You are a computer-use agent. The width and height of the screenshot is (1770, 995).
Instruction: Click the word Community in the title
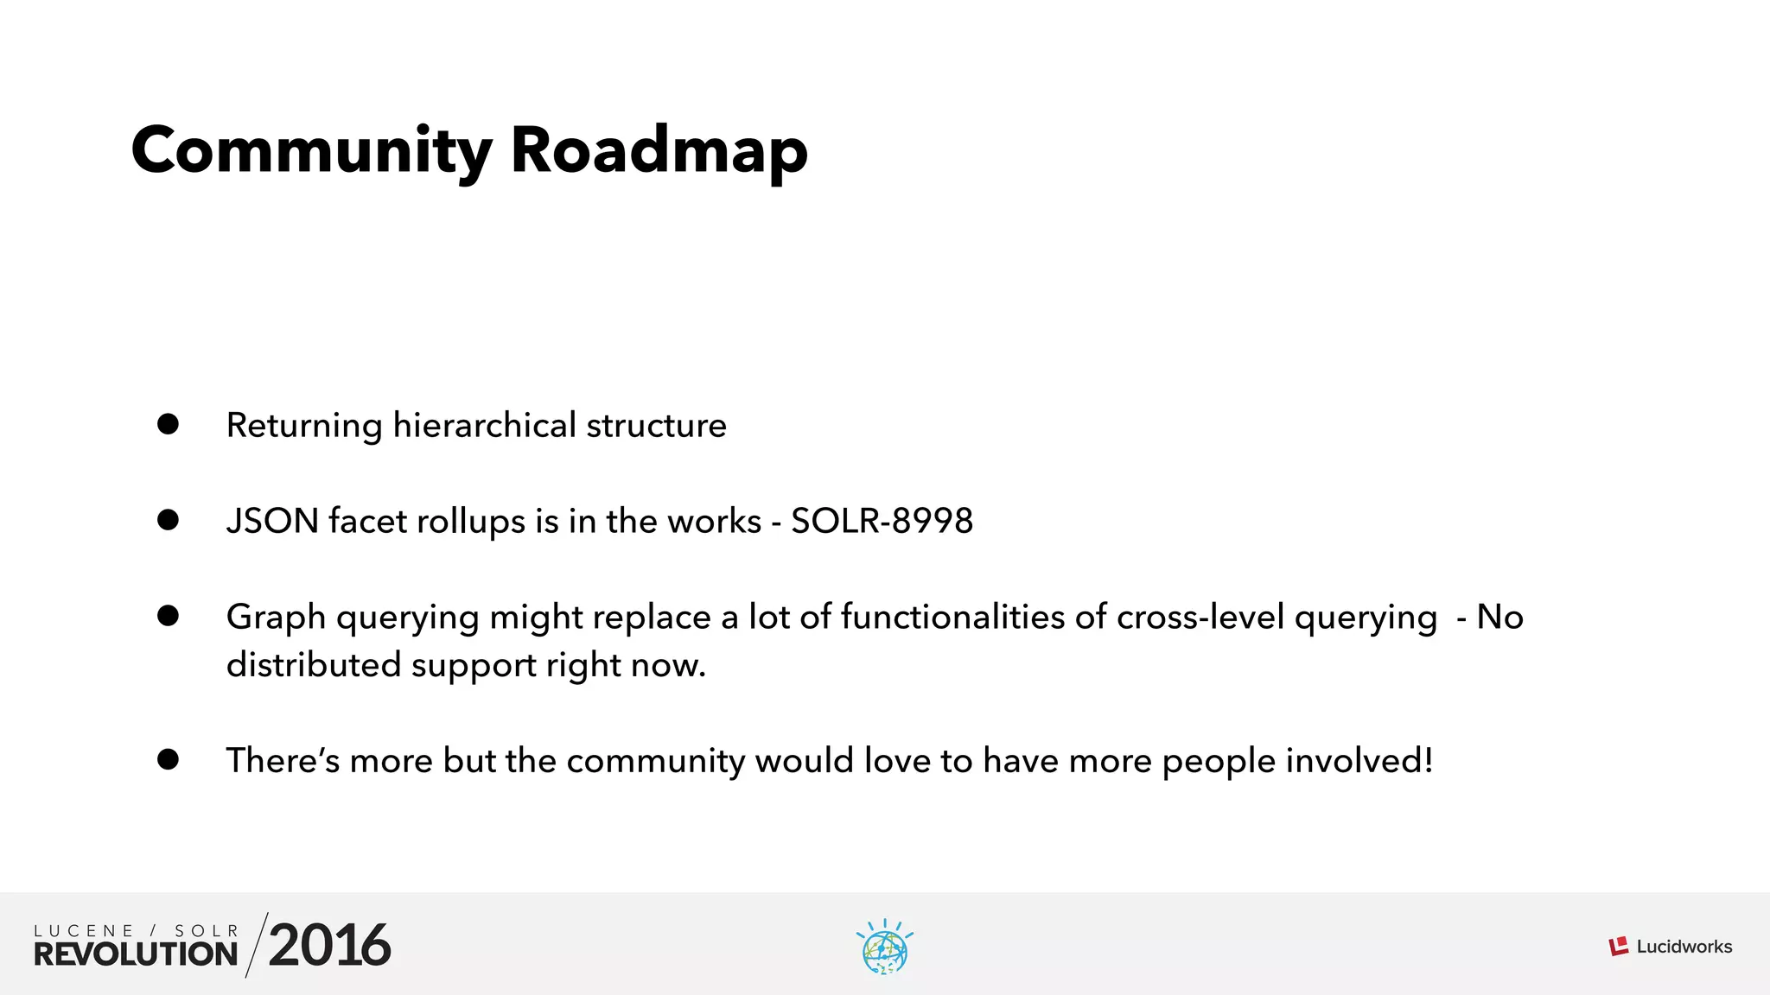pyautogui.click(x=311, y=151)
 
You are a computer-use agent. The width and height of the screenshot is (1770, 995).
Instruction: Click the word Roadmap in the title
pyautogui.click(x=659, y=151)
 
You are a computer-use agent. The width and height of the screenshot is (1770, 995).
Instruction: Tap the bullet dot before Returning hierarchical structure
pyautogui.click(x=168, y=424)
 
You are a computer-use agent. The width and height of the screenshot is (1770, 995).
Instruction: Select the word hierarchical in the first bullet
pyautogui.click(x=484, y=425)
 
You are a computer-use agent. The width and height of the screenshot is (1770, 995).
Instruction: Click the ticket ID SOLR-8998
pyautogui.click(x=882, y=521)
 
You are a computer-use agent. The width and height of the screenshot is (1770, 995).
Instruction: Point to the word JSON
pyautogui.click(x=272, y=521)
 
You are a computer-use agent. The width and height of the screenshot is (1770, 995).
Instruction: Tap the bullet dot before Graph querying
pyautogui.click(x=168, y=616)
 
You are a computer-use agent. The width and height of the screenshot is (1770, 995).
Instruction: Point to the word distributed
pyautogui.click(x=314, y=665)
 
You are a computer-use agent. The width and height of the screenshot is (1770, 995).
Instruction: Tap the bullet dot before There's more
pyautogui.click(x=168, y=759)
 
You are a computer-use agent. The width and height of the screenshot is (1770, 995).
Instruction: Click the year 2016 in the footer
pyautogui.click(x=329, y=945)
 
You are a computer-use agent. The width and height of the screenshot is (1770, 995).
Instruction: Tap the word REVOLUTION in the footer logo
pyautogui.click(x=136, y=954)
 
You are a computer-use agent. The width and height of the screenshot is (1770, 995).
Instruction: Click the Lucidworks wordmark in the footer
pyautogui.click(x=1684, y=947)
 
